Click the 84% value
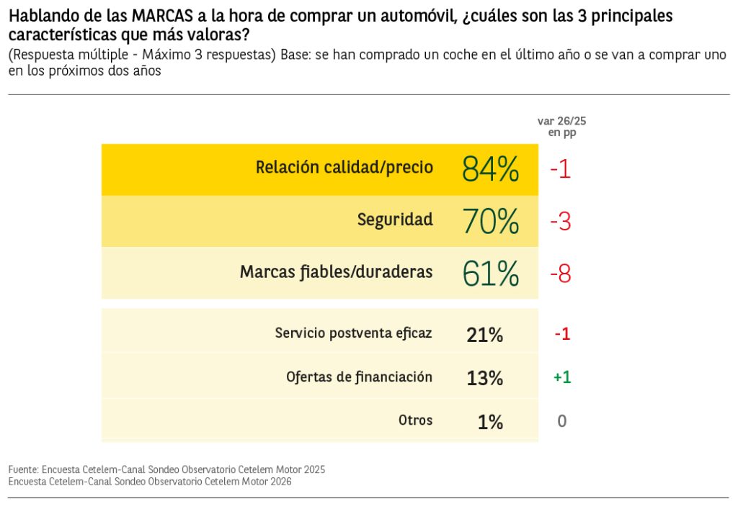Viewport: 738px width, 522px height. pos(490,170)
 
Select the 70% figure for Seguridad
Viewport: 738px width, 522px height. pos(490,222)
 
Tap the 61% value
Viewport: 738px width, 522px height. pos(490,274)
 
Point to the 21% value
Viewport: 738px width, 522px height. pos(485,335)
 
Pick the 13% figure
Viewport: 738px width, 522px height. pos(485,378)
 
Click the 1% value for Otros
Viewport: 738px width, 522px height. pos(490,422)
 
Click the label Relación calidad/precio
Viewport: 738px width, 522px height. pos(344,168)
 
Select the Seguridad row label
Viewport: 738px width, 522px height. pos(395,220)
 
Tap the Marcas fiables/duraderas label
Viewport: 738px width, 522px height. pos(336,272)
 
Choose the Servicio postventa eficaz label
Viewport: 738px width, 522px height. pos(353,333)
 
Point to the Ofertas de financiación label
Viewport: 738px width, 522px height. pos(359,377)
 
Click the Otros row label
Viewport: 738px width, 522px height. pos(415,420)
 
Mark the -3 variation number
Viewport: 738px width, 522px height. pos(560,222)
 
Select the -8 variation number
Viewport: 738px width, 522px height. pos(560,274)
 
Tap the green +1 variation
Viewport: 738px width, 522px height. pos(562,377)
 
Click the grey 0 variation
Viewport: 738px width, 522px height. pos(562,421)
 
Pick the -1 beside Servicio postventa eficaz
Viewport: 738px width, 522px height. pos(562,334)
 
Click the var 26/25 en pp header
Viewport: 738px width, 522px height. pos(556,127)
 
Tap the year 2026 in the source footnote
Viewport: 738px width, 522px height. pos(278,482)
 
